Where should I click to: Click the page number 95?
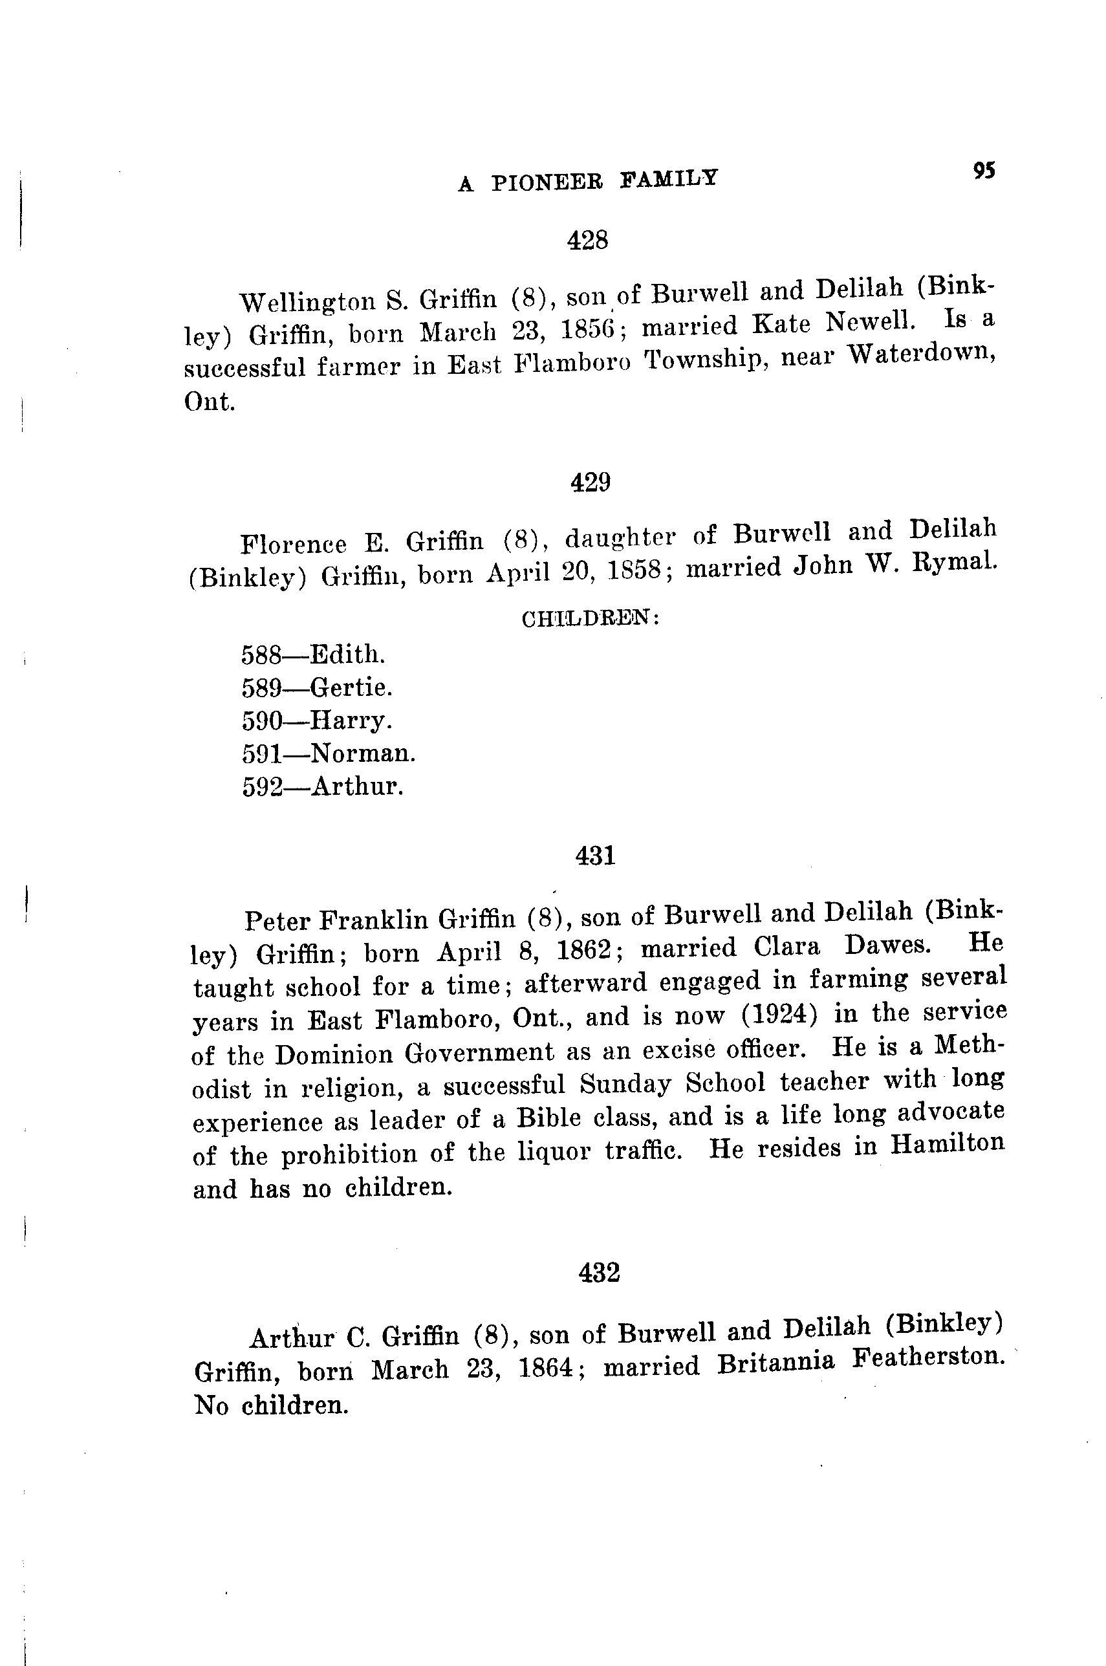[984, 171]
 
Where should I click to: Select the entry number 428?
[587, 241]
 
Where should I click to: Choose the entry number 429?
[590, 482]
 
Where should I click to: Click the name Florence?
[294, 544]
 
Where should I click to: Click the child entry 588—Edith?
[313, 654]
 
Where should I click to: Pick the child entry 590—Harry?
[316, 720]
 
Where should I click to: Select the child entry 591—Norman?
[329, 753]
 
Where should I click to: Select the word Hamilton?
[947, 1142]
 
